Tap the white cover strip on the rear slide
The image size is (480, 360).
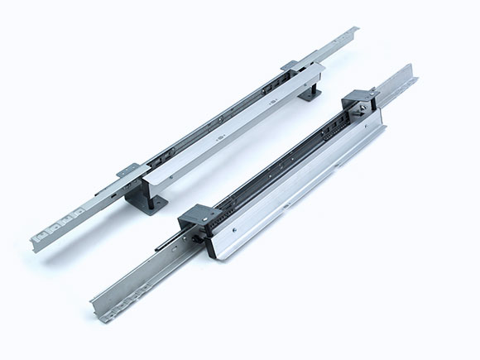pyautogui.click(x=232, y=132)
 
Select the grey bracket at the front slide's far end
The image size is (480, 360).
pyautogui.click(x=362, y=99)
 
